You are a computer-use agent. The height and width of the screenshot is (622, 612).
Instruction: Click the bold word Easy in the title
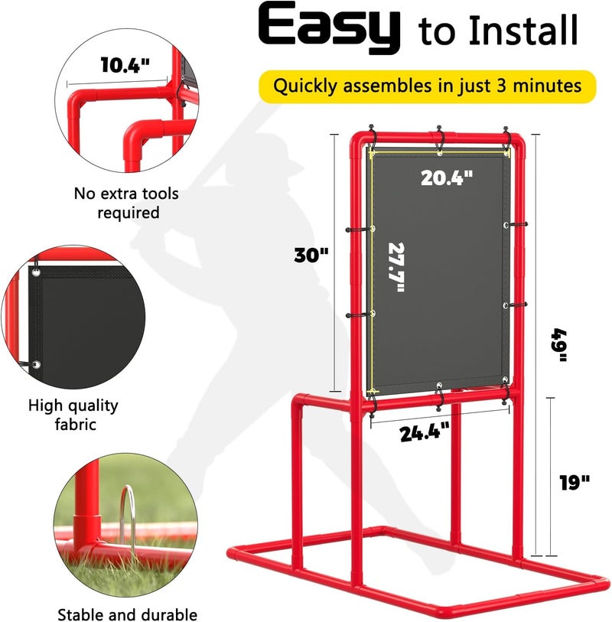331,30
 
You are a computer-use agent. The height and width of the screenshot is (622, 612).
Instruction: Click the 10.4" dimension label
124,66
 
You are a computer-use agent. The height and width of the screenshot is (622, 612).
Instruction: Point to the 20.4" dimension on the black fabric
447,177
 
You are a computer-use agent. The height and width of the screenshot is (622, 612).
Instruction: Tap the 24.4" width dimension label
425,432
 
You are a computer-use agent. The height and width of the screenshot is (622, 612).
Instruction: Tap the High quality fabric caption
73,414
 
